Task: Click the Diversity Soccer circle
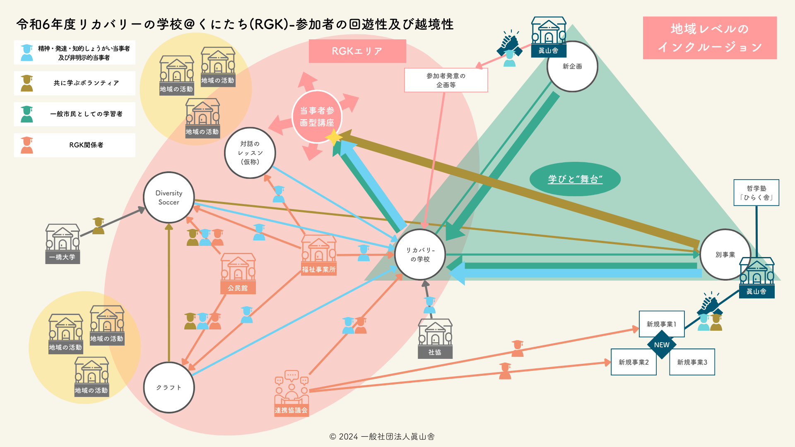(169, 198)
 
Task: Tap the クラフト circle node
(169, 387)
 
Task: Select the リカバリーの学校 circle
(420, 255)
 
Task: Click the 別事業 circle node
(725, 255)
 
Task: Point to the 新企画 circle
(572, 66)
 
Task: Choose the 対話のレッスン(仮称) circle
(250, 153)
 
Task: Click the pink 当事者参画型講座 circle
(317, 117)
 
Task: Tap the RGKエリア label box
(357, 51)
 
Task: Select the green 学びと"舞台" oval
(575, 179)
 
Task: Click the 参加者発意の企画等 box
(446, 80)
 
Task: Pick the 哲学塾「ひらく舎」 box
(756, 193)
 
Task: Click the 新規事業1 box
(661, 324)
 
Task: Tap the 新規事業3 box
(692, 362)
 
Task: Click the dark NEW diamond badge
(662, 345)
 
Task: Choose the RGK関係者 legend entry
(75, 145)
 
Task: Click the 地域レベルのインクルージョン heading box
(710, 38)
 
